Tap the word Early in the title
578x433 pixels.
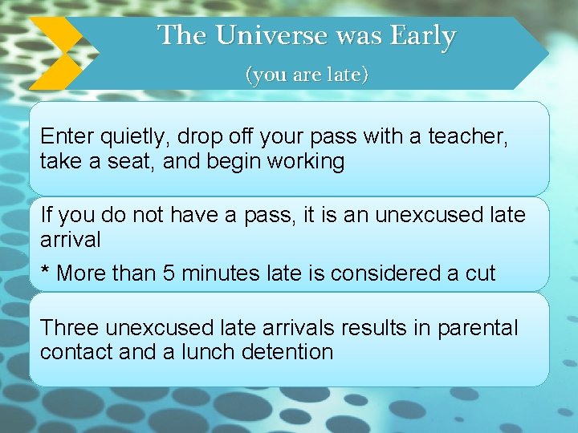pos(422,36)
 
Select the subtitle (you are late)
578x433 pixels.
pos(307,75)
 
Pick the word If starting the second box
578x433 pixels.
pos(46,215)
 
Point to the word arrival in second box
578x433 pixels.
pos(70,240)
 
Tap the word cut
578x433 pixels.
pos(480,273)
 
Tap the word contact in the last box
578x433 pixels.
pos(74,351)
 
